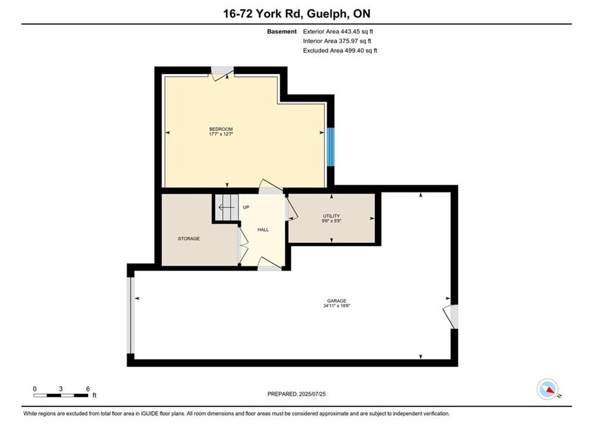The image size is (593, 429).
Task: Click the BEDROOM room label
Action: pyautogui.click(x=221, y=129)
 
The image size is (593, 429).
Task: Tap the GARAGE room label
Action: pyautogui.click(x=337, y=301)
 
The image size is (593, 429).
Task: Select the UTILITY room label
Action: pyautogui.click(x=331, y=216)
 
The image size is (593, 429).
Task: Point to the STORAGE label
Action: pyautogui.click(x=189, y=239)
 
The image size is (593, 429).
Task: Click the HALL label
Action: pyautogui.click(x=263, y=230)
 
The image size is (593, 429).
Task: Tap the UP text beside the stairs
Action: pyautogui.click(x=246, y=207)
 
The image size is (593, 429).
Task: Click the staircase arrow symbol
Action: pyautogui.click(x=226, y=207)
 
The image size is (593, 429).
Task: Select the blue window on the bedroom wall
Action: pyautogui.click(x=331, y=147)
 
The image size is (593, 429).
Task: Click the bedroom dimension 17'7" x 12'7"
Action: pyautogui.click(x=221, y=134)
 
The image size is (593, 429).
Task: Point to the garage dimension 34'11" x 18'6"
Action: pyautogui.click(x=337, y=306)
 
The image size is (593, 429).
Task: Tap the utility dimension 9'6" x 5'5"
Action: pyautogui.click(x=331, y=221)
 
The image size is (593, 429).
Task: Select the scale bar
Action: pyautogui.click(x=61, y=396)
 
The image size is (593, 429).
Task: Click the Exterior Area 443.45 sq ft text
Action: pyautogui.click(x=338, y=32)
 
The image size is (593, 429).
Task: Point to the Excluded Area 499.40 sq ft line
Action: pyautogui.click(x=340, y=51)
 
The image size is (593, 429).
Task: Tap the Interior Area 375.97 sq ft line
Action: pyautogui.click(x=337, y=41)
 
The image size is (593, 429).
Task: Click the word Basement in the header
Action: pyautogui.click(x=282, y=32)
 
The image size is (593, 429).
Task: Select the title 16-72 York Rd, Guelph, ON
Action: pyautogui.click(x=297, y=14)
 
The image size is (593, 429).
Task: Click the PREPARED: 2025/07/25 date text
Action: pyautogui.click(x=297, y=394)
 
